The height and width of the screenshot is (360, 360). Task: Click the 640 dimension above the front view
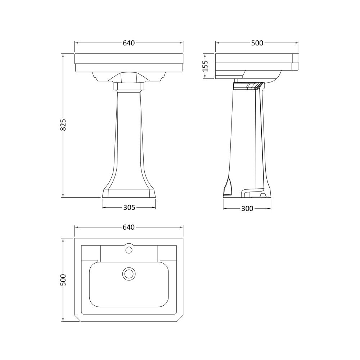[129, 43]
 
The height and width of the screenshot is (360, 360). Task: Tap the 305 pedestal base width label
[129, 207]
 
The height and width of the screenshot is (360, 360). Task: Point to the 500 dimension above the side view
[257, 43]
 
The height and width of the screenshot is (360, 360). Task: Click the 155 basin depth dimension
[205, 66]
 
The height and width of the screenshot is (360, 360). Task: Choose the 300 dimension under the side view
[247, 208]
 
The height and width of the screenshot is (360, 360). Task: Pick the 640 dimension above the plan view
[129, 227]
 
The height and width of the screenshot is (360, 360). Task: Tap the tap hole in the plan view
[129, 249]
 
